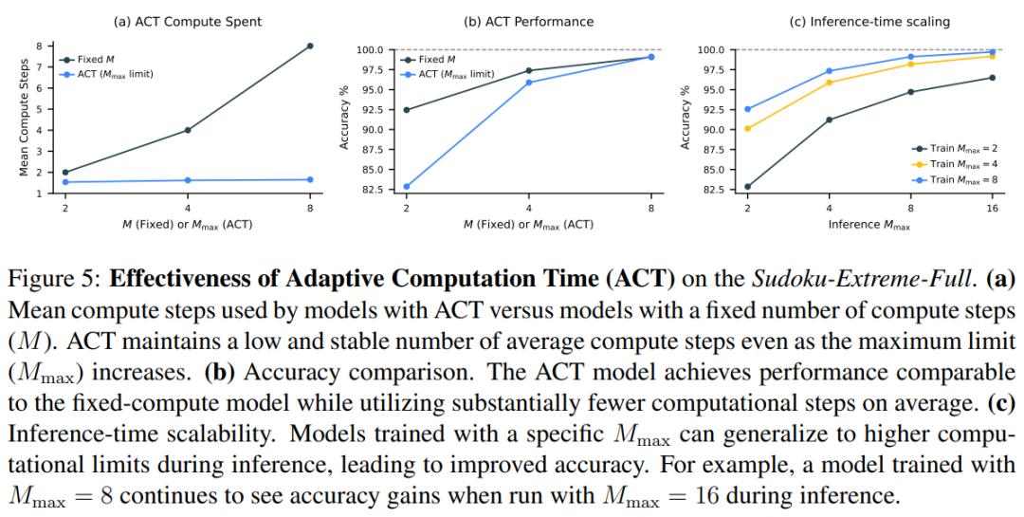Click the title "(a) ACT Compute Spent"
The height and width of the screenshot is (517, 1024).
187,21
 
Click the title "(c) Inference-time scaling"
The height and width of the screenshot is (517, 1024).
869,21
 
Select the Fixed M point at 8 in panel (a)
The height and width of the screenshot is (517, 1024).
310,46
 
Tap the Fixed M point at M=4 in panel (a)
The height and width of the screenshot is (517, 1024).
188,130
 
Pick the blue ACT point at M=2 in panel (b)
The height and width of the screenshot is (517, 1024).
407,187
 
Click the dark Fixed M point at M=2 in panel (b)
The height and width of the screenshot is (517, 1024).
407,110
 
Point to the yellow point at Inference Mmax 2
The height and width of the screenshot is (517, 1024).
747,129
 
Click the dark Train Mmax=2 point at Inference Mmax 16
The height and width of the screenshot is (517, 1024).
993,77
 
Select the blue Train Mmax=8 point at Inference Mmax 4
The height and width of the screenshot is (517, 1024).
829,71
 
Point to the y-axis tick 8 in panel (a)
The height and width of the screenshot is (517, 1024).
40,46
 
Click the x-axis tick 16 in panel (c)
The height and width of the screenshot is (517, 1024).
992,208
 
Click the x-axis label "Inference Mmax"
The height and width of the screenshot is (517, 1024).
869,225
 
